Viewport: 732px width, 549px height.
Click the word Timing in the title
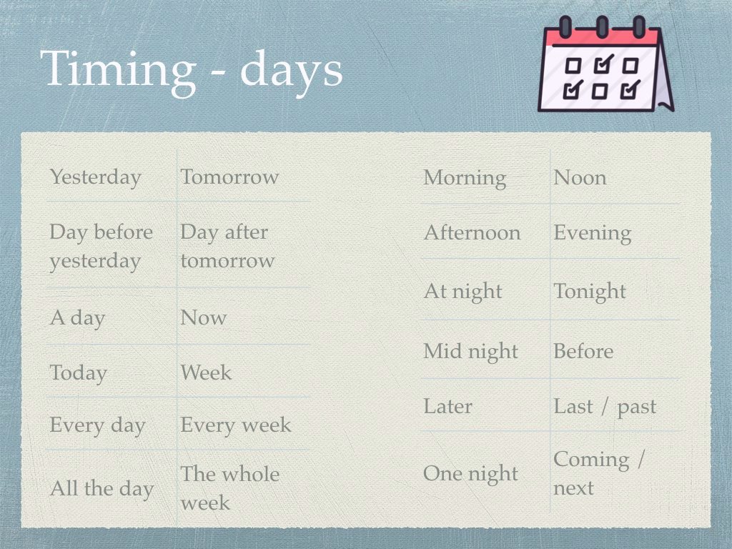[119, 71]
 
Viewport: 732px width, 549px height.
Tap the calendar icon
[606, 64]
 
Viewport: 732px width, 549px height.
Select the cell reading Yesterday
[96, 178]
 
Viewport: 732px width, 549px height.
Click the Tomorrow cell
[229, 177]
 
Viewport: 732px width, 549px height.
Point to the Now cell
[204, 317]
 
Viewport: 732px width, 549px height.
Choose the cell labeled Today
[79, 373]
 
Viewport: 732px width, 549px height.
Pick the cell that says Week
[206, 372]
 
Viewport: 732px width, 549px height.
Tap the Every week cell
[236, 425]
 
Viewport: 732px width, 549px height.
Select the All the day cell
[102, 489]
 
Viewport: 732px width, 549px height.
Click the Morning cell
[465, 178]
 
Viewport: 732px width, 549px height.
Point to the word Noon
[580, 178]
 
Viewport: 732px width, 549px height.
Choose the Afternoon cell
[472, 232]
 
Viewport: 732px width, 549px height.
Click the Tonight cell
[590, 292]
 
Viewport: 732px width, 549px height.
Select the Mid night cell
[470, 352]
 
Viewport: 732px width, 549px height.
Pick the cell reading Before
[583, 351]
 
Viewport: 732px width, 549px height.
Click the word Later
[447, 406]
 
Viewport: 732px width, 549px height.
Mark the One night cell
[470, 475]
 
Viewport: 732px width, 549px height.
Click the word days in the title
[292, 71]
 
